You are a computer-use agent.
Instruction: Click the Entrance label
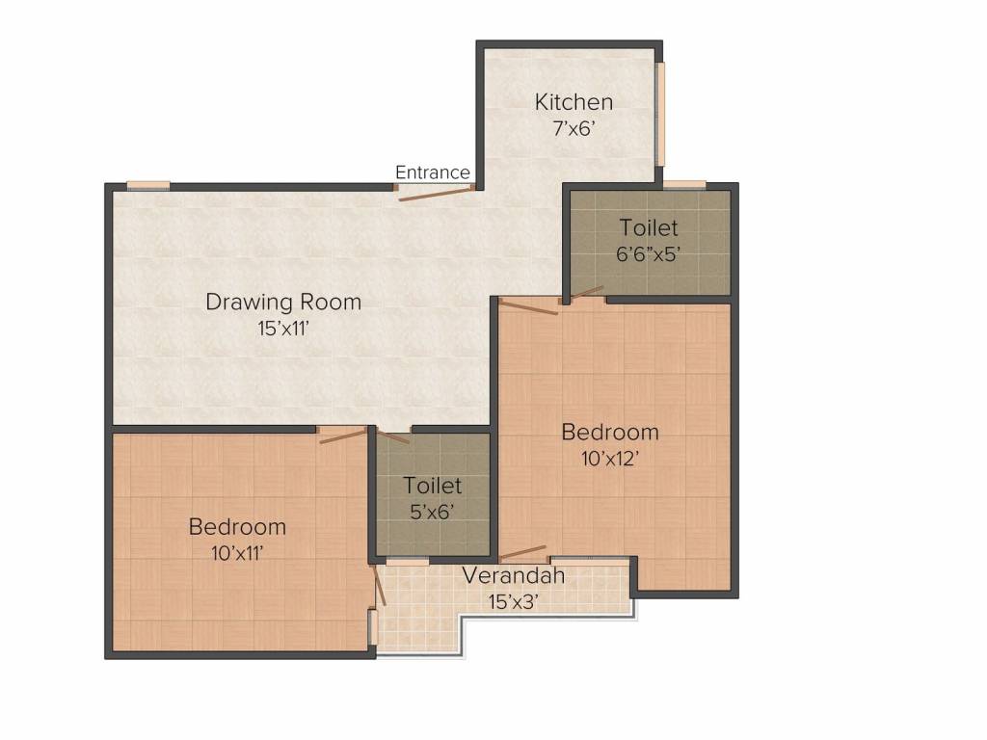pos(433,172)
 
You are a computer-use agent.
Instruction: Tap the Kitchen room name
pos(574,102)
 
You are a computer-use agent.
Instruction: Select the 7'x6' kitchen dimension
pos(574,128)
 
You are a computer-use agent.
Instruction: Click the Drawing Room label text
pos(283,302)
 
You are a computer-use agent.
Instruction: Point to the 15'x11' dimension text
pos(282,328)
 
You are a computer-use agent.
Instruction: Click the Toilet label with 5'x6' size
pos(433,486)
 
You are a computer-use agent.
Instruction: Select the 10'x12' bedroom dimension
pos(610,458)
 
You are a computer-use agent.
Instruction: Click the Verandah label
pos(513,576)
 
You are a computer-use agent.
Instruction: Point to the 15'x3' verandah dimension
pos(513,601)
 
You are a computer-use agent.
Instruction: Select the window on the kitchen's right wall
pos(660,116)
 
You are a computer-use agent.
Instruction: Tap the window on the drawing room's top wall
pos(148,185)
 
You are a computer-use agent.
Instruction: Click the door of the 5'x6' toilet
pos(392,436)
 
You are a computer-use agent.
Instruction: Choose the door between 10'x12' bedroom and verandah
pos(523,553)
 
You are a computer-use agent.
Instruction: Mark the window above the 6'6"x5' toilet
pos(684,184)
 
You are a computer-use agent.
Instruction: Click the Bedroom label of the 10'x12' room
pos(610,432)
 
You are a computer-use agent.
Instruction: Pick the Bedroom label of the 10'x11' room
pos(237,527)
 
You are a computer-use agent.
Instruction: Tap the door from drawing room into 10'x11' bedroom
pos(342,436)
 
